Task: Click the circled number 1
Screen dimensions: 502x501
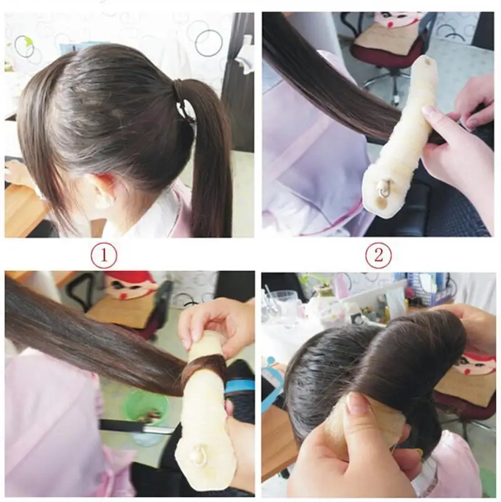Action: click(103, 255)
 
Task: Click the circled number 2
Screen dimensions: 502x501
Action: click(378, 255)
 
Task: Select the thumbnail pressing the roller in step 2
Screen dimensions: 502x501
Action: click(430, 111)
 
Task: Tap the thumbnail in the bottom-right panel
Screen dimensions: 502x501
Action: click(358, 403)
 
